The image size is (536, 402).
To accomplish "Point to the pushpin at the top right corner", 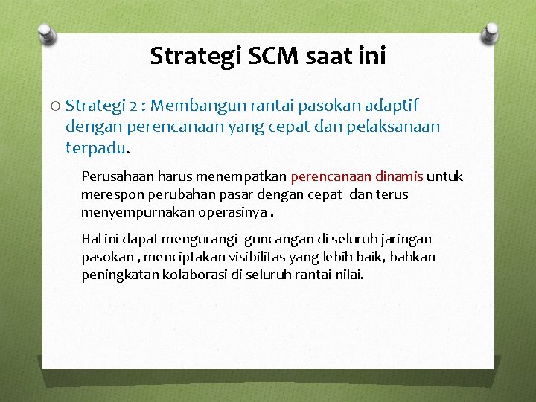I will pos(491,31).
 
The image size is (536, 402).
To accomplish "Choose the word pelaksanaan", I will pos(394,127).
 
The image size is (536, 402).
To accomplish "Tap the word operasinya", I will pos(232,212).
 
